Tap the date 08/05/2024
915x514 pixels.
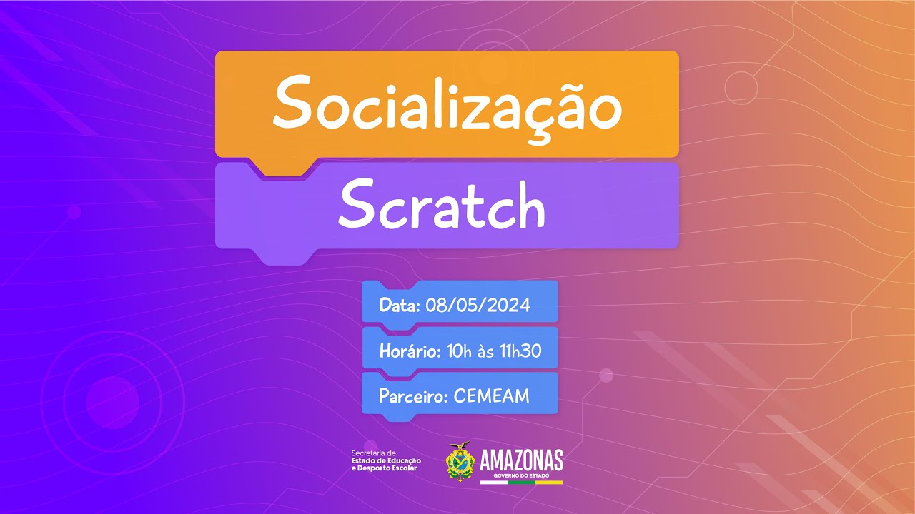[478, 306]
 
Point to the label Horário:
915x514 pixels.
[410, 351]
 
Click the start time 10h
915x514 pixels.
[459, 351]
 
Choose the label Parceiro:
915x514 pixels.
[413, 396]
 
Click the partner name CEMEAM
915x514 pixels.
[491, 396]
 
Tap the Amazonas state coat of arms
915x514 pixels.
[459, 462]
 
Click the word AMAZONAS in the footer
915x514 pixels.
[521, 460]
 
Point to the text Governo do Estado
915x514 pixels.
[521, 475]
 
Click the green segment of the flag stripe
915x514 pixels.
[521, 483]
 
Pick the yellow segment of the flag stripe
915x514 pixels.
[549, 483]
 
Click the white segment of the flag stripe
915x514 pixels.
[493, 483]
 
